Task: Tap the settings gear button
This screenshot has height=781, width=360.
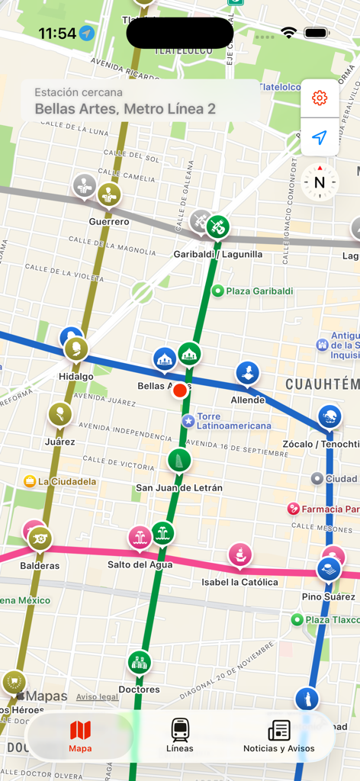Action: pyautogui.click(x=320, y=98)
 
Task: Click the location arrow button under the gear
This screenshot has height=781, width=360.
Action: pyautogui.click(x=320, y=138)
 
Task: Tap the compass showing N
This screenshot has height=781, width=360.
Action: pyautogui.click(x=320, y=182)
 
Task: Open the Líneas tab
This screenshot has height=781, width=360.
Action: pyautogui.click(x=180, y=736)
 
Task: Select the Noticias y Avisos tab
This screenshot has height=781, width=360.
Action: pyautogui.click(x=278, y=736)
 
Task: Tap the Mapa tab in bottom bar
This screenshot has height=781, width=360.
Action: pyautogui.click(x=80, y=736)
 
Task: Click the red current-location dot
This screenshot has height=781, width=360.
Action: pyautogui.click(x=180, y=390)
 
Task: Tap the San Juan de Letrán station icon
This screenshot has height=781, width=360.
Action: pyautogui.click(x=179, y=460)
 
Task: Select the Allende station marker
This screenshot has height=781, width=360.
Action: pyautogui.click(x=248, y=373)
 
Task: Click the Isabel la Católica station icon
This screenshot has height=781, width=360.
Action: pyautogui.click(x=240, y=554)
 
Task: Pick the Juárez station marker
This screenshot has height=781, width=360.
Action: pyautogui.click(x=59, y=415)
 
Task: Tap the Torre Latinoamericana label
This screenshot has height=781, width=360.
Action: pyautogui.click(x=233, y=421)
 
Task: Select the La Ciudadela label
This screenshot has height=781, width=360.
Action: pyautogui.click(x=66, y=481)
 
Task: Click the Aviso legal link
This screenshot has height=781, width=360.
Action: pyautogui.click(x=97, y=697)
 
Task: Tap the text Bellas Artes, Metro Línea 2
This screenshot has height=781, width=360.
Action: pyautogui.click(x=125, y=109)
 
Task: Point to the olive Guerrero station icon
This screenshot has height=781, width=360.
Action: pyautogui.click(x=108, y=194)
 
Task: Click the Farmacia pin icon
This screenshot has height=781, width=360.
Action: pyautogui.click(x=294, y=509)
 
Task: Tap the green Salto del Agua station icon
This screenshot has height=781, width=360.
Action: pyautogui.click(x=162, y=533)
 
